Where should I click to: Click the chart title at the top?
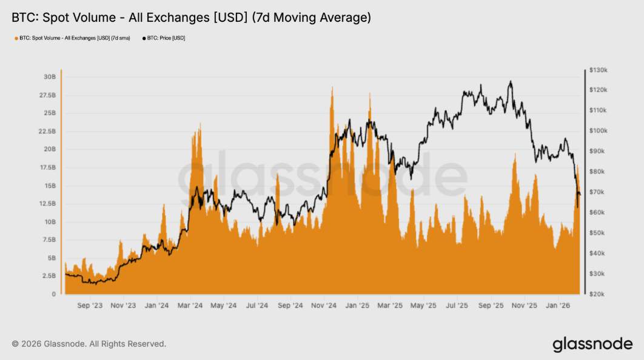tap(191, 18)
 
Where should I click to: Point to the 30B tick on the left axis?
tap(49, 77)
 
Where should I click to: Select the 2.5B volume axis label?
tap(49, 276)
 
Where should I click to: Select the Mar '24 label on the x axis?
tap(190, 305)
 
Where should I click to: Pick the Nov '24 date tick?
tap(324, 305)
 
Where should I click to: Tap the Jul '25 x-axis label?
tap(457, 305)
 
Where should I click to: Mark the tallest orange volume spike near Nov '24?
tap(332, 88)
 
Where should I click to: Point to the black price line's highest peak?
tap(511, 82)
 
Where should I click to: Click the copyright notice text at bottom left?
tap(89, 344)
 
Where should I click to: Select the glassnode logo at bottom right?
tap(592, 344)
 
